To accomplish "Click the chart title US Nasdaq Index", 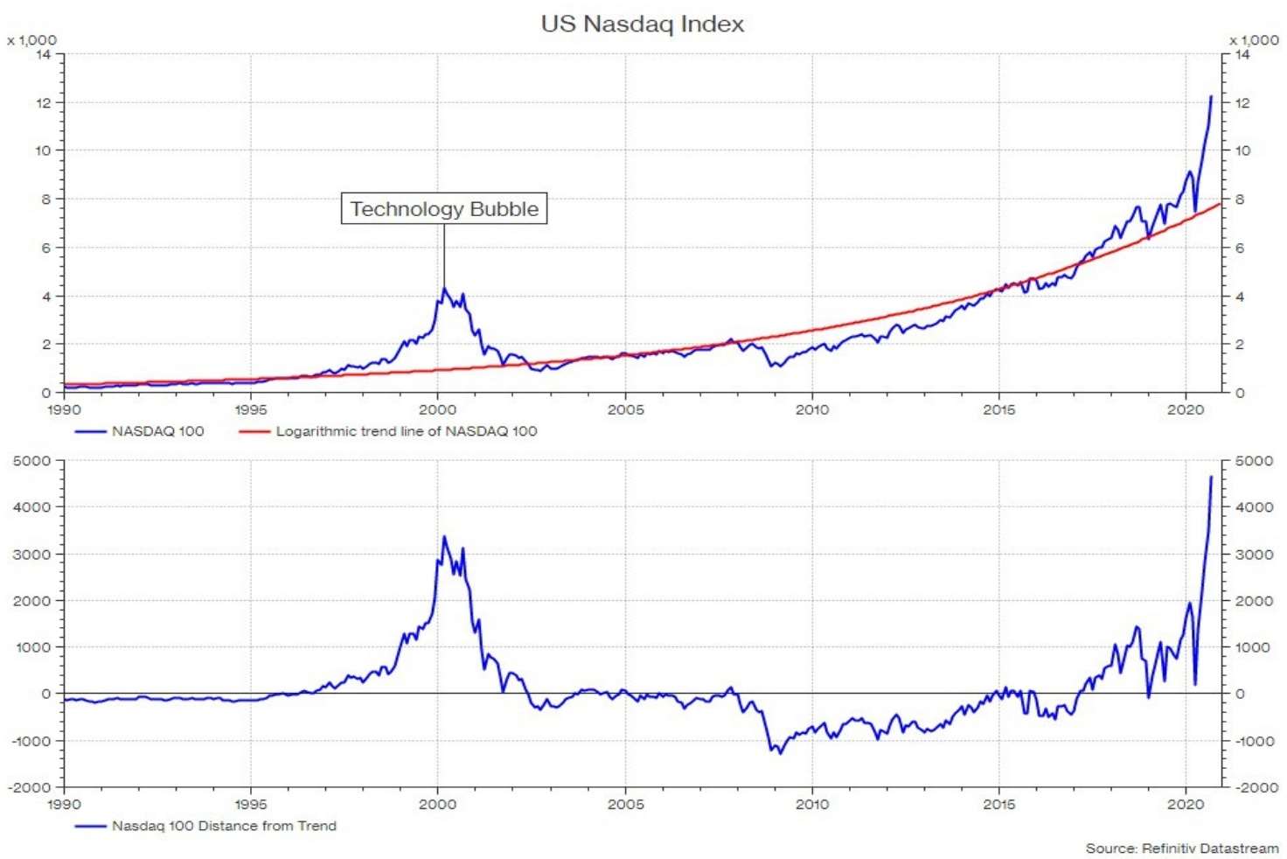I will [x=643, y=24].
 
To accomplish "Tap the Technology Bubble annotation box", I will [x=444, y=209].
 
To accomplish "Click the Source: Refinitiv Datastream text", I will [x=1181, y=848].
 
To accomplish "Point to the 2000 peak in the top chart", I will [x=444, y=289].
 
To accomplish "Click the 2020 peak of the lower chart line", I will [x=1211, y=477].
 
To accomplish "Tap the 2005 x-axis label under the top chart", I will [x=625, y=409].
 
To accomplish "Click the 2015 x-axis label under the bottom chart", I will [x=998, y=804].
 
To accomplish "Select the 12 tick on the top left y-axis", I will [x=43, y=102].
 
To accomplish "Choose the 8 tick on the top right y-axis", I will [x=1239, y=199].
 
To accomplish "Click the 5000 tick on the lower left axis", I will [x=32, y=461].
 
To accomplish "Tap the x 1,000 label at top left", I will [x=31, y=40].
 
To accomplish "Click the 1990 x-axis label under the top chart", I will [x=64, y=409].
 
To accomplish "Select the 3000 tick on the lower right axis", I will [x=1253, y=555].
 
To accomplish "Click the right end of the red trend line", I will [x=1220, y=204].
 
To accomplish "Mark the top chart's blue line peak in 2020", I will [x=1211, y=96].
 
